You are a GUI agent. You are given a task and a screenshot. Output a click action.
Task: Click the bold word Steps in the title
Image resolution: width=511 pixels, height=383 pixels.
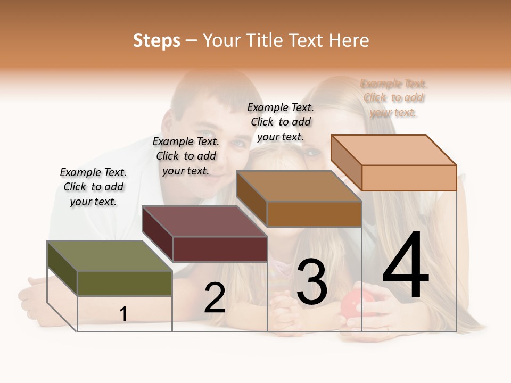point(156,40)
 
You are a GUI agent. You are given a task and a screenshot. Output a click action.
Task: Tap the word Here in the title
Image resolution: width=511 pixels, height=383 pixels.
point(349,40)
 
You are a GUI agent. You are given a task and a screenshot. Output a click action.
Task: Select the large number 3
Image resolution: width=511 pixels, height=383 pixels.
point(311,282)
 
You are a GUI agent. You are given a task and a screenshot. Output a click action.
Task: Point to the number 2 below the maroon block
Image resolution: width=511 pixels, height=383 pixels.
point(215,298)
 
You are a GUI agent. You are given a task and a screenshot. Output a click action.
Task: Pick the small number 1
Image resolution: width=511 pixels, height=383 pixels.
point(123,314)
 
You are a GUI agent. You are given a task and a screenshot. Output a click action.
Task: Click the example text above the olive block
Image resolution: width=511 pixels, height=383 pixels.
point(93,187)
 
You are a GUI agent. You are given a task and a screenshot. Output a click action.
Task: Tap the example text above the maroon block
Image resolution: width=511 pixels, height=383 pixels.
point(186,156)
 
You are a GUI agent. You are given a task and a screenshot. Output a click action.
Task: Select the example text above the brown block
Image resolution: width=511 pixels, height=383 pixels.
point(281,122)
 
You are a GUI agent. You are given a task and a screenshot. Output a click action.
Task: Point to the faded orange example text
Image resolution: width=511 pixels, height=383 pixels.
point(393,98)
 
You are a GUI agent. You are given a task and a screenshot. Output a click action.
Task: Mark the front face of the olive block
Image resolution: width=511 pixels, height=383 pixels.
point(125,283)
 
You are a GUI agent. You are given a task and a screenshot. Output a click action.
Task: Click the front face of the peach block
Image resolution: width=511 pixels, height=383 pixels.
point(409,178)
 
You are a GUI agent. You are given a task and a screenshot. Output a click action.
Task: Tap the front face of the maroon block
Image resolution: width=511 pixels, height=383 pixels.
point(220,249)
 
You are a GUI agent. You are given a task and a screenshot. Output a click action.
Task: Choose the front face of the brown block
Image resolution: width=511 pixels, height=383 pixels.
point(314,214)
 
